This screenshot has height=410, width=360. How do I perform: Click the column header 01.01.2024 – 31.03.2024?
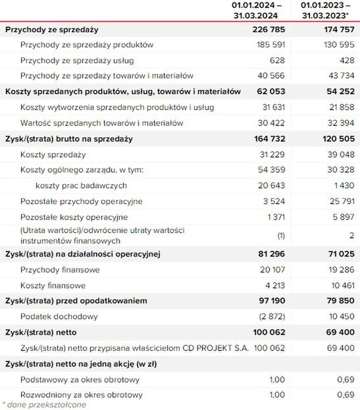click(257, 10)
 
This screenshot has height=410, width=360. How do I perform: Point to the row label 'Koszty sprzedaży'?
click(53, 155)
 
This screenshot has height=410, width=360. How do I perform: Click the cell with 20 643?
click(271, 186)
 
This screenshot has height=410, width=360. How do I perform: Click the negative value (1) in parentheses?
click(280, 235)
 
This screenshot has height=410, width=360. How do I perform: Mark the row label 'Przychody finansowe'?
click(60, 270)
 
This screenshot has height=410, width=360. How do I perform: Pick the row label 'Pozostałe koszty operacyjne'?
click(74, 217)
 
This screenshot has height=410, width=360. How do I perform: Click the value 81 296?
click(270, 253)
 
